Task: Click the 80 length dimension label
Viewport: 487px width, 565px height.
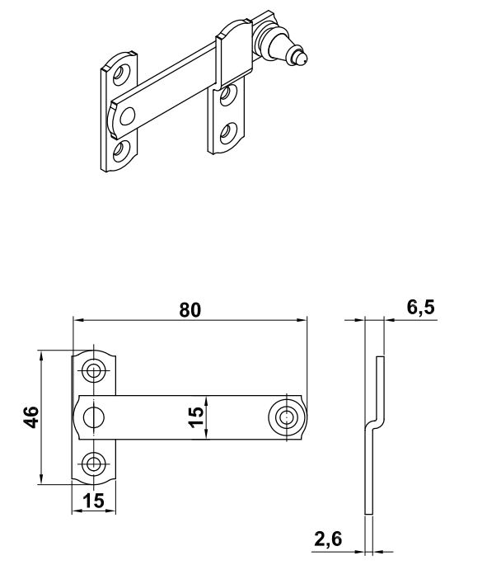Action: tap(190, 309)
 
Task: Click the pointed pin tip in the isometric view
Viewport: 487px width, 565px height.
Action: tap(304, 59)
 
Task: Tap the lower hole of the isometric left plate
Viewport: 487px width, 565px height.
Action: tap(122, 149)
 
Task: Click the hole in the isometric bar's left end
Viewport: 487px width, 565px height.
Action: tap(126, 117)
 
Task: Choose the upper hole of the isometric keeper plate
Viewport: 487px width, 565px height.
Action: tap(232, 93)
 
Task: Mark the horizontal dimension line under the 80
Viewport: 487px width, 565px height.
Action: tap(190, 320)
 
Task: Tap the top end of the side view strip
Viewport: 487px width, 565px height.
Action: tap(378, 357)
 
